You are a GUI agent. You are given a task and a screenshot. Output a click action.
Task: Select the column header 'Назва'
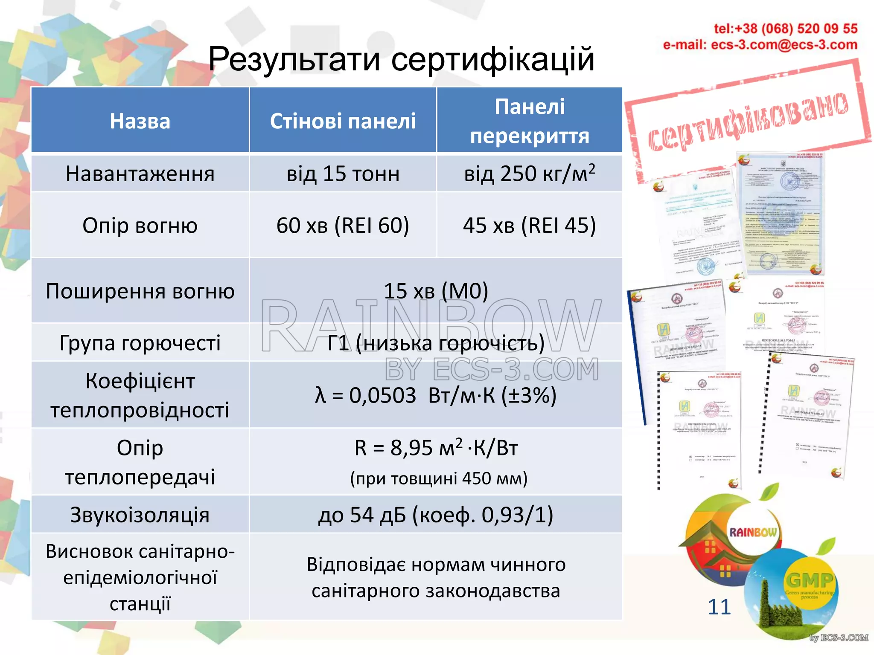[140, 121]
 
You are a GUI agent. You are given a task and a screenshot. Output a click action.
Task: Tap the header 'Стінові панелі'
[343, 121]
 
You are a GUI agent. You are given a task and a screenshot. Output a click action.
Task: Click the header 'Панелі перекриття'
[529, 121]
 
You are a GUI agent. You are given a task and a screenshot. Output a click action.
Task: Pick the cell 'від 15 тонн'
[343, 174]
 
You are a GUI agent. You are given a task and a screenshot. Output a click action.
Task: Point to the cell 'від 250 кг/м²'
[529, 174]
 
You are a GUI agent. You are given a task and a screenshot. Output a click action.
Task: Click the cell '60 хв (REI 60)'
[343, 225]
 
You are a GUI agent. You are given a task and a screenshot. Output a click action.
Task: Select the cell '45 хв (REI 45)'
[529, 225]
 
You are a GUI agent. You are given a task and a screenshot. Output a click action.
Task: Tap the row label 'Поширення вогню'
[140, 291]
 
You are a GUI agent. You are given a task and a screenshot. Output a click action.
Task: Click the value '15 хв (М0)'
[436, 291]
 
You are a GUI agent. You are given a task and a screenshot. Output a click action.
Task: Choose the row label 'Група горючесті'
[140, 343]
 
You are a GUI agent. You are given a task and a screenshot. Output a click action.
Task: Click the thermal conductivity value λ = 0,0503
[436, 395]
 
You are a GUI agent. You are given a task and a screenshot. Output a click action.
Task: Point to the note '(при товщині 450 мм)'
[439, 478]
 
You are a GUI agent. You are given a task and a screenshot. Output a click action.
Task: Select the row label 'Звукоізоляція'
[140, 515]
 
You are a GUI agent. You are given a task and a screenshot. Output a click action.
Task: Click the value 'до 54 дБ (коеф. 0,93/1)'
[436, 515]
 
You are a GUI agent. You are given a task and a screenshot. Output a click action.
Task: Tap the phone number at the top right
[785, 29]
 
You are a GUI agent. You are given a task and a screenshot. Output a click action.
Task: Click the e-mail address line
[760, 45]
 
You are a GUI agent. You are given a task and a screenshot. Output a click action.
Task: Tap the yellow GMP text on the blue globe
[809, 580]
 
